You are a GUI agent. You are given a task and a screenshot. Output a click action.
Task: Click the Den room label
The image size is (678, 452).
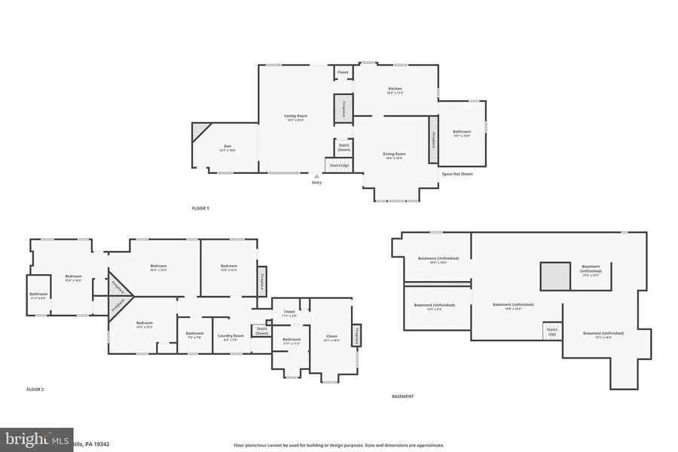coord(228,148)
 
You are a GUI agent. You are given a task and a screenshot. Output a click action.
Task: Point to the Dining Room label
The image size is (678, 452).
coord(395,155)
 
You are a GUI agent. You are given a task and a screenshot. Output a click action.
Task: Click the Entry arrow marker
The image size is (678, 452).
coord(316,177)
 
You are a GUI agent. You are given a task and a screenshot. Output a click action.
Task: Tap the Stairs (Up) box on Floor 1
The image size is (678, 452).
coord(339,164)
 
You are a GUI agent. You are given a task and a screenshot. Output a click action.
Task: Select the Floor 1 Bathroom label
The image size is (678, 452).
coord(462,133)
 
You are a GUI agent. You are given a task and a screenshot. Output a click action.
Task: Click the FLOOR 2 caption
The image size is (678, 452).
coord(35,389)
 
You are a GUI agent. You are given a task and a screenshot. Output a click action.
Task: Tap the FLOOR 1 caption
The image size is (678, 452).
coord(200,208)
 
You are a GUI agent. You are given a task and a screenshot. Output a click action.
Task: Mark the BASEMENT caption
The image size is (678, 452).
coord(402,396)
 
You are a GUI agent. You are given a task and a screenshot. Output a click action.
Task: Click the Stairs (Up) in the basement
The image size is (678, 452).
coord(551,331)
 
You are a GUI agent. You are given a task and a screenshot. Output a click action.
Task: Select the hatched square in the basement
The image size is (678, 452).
coord(554,276)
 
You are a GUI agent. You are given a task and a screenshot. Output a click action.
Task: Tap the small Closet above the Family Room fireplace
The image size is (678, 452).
coord(343,72)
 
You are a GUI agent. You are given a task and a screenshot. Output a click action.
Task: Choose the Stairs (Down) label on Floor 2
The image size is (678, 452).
coord(261,331)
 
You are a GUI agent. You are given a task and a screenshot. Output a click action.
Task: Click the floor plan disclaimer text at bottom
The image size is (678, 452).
coord(338,445)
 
